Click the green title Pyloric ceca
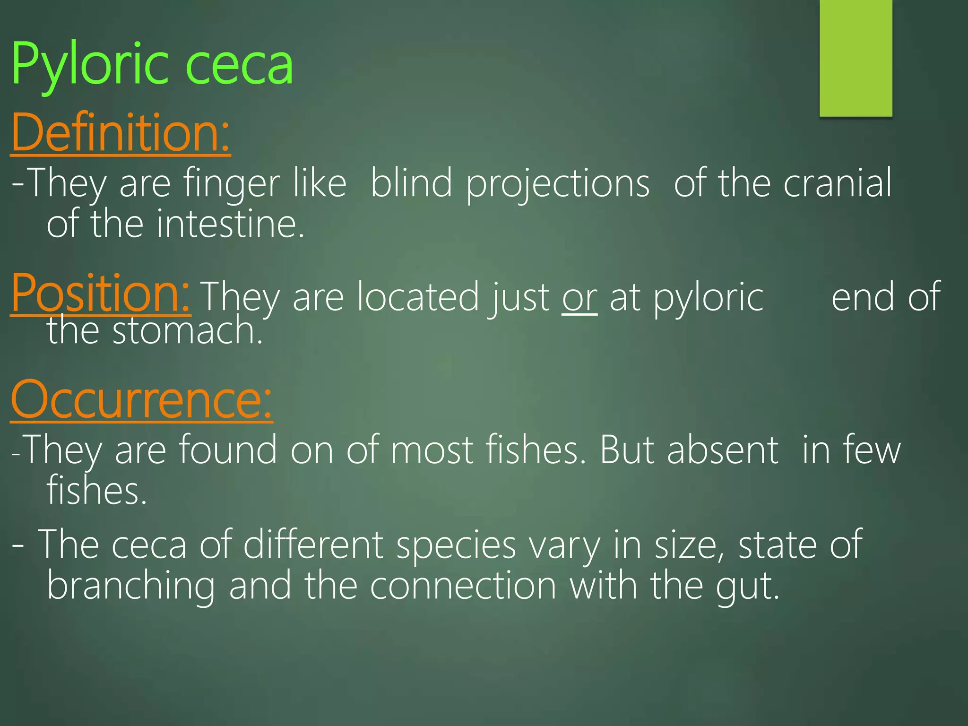(x=152, y=64)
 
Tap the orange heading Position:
(x=101, y=293)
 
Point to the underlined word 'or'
(x=579, y=298)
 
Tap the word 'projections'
(x=558, y=184)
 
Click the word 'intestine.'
(x=230, y=224)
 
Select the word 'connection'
(x=463, y=586)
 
